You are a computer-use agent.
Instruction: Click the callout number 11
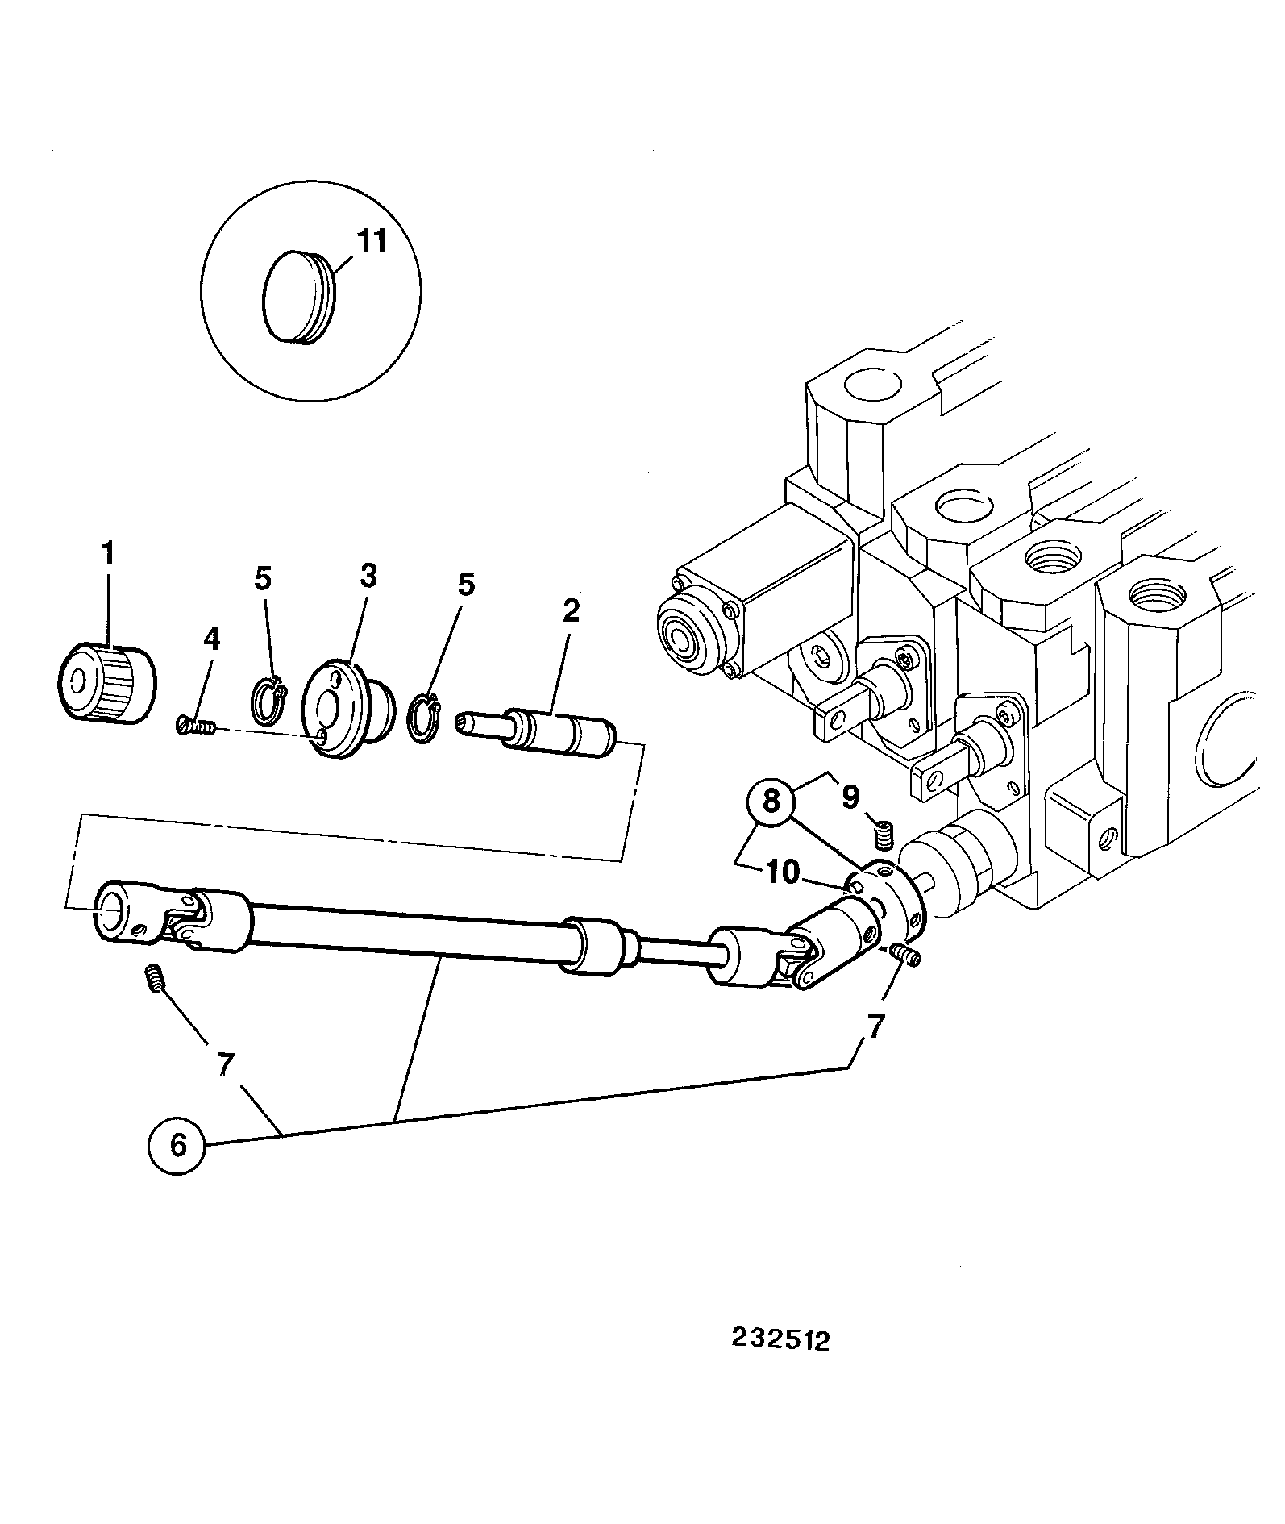pyautogui.click(x=371, y=241)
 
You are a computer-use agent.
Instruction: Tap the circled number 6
pyautogui.click(x=177, y=1144)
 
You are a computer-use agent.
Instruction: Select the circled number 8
pyautogui.click(x=771, y=801)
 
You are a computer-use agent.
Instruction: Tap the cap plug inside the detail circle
pyautogui.click(x=299, y=298)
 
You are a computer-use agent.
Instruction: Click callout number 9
pyautogui.click(x=850, y=797)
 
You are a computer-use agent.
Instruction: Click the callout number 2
pyautogui.click(x=570, y=610)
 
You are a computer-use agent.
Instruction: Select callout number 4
pyautogui.click(x=210, y=639)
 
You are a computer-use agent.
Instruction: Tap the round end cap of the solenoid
pyautogui.click(x=684, y=636)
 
